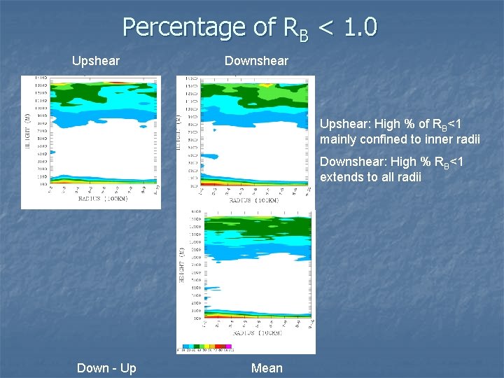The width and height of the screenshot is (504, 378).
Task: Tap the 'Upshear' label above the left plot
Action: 96,61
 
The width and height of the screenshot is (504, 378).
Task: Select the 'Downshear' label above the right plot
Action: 256,61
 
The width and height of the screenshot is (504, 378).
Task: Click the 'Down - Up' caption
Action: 106,368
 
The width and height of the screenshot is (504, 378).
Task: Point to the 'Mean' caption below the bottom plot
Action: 267,368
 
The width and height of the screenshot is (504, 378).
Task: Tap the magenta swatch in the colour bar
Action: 230,346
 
